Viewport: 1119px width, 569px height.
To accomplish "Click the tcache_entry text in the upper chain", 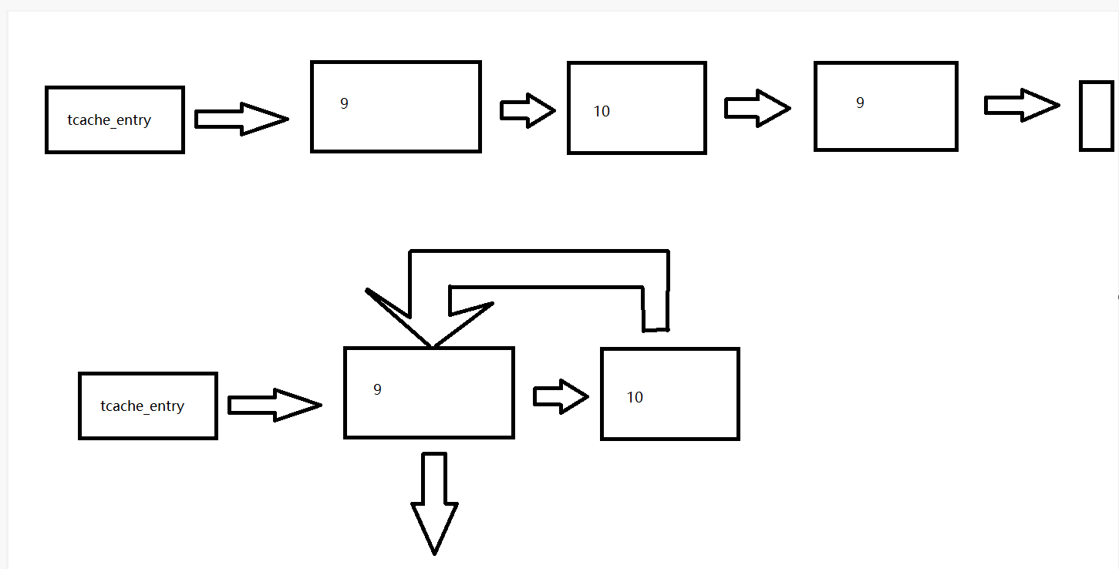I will [x=109, y=120].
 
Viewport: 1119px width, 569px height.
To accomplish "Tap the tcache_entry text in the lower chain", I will [x=142, y=406].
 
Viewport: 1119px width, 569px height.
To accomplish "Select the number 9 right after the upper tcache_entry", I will [x=344, y=103].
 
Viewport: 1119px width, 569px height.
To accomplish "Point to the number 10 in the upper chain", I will [x=602, y=112].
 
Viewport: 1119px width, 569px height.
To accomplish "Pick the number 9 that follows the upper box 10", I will [x=860, y=103].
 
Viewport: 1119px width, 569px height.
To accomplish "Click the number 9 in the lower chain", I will [x=377, y=389].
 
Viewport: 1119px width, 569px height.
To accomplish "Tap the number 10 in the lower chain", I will [x=635, y=398].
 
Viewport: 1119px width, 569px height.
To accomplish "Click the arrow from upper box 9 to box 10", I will [x=527, y=110].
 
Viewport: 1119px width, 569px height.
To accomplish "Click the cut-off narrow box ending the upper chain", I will [x=1096, y=115].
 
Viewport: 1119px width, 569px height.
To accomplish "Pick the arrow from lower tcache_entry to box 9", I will [x=275, y=405].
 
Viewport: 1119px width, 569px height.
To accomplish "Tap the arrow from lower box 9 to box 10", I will [x=561, y=396].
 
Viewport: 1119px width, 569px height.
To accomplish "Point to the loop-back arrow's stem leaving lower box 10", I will [x=655, y=308].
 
